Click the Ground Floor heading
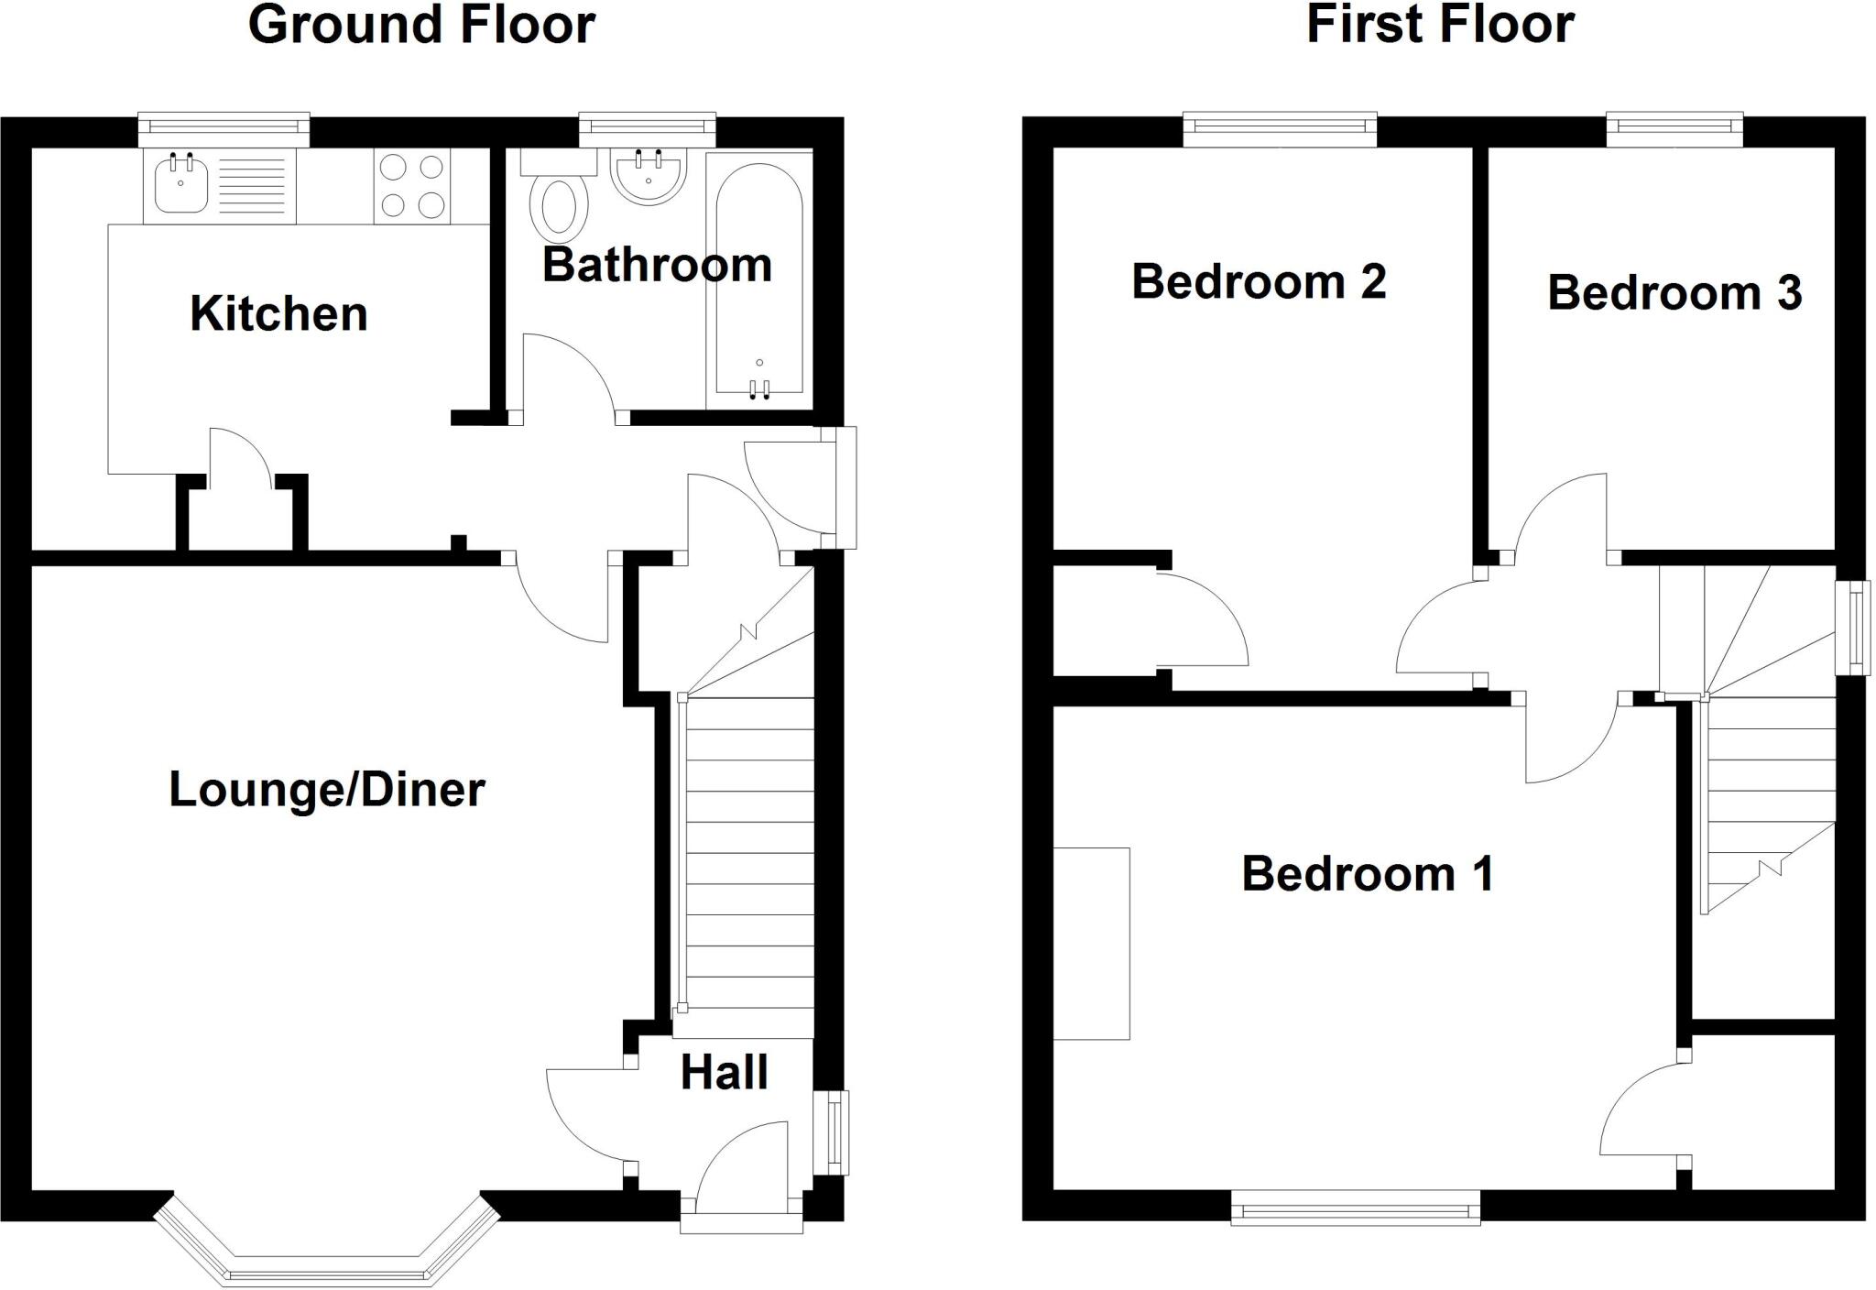click(421, 25)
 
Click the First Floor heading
click(1440, 25)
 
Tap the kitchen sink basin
click(180, 186)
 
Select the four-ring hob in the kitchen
click(412, 186)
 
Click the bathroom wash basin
click(649, 176)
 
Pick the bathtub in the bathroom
click(758, 279)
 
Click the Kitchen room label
click(278, 314)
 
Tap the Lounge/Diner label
click(327, 790)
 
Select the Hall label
click(724, 1073)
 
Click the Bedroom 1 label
click(1368, 874)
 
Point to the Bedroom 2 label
click(1259, 281)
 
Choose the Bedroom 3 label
click(1674, 293)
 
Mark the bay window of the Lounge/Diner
click(327, 1264)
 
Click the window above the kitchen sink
click(224, 129)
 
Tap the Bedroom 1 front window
click(1355, 1207)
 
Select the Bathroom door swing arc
click(568, 376)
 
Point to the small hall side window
click(833, 1132)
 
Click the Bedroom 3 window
click(1674, 129)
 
